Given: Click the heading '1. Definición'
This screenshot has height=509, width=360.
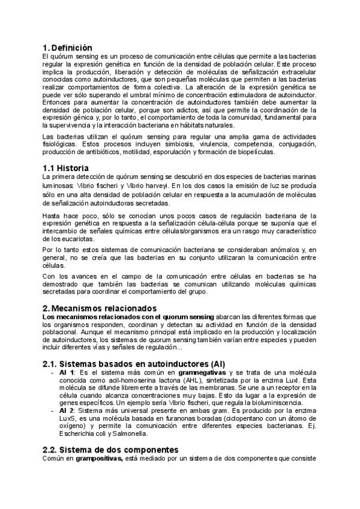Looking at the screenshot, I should click(67, 47).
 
